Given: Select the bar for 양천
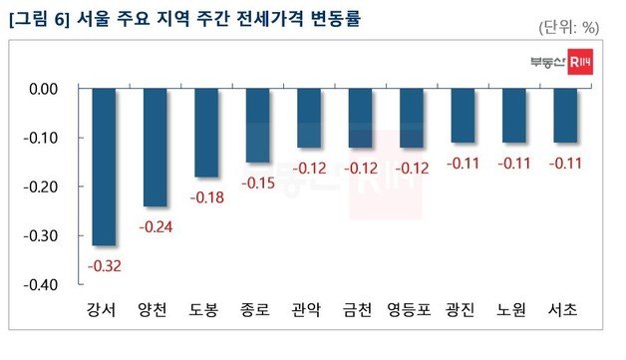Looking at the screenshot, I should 156,147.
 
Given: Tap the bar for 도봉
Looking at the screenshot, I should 206,133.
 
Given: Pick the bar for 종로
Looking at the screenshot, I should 257,125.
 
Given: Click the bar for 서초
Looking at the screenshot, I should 565,116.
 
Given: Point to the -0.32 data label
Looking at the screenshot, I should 105,265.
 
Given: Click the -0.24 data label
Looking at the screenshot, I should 156,226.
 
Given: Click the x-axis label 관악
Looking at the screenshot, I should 308,310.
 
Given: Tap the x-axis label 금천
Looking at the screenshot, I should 360,310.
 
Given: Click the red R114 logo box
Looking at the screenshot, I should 580,62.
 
